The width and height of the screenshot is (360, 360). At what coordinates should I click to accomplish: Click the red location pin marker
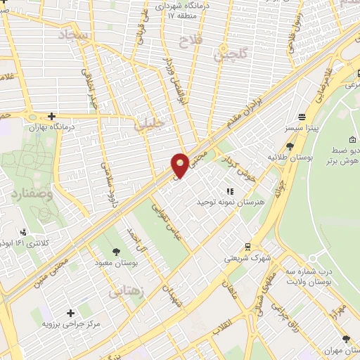[180, 165]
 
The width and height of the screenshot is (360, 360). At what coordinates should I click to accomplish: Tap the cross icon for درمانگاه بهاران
[51, 116]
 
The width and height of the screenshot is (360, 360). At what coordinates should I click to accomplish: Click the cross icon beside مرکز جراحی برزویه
[70, 312]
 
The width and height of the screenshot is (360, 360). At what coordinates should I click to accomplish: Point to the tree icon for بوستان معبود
[115, 250]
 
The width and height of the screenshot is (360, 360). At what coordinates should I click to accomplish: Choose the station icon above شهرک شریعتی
[247, 246]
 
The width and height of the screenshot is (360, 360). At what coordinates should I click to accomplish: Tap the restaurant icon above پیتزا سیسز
[302, 117]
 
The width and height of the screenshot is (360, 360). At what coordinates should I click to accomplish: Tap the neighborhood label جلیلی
[150, 124]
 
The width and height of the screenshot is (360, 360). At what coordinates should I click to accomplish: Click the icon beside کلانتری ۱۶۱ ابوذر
[25, 232]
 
